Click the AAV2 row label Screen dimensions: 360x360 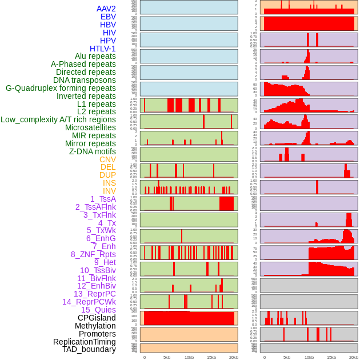tap(106, 9)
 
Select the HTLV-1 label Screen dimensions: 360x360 tap(102, 49)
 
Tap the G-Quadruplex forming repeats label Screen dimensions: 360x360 tap(61, 88)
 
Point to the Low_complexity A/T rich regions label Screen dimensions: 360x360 tap(58, 119)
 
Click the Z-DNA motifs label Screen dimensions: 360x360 tap(92, 151)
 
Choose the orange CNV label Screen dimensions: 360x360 tap(107, 159)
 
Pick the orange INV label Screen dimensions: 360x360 tap(109, 191)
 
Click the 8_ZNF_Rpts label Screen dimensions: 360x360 tap(93, 254)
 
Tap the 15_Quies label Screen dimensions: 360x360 tap(98, 310)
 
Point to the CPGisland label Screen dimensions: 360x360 tap(97, 318)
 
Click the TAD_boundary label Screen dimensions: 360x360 tap(89, 349)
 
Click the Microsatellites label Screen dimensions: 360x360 tap(90, 127)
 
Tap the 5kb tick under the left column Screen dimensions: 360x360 tap(167, 357)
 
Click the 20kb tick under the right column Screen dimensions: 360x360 tap(354, 357)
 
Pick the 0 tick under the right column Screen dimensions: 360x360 tap(264, 357)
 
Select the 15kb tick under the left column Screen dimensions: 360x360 tap(211, 357)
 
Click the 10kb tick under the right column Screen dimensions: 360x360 tap(309, 357)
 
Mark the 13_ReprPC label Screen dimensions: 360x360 tap(94, 294)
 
